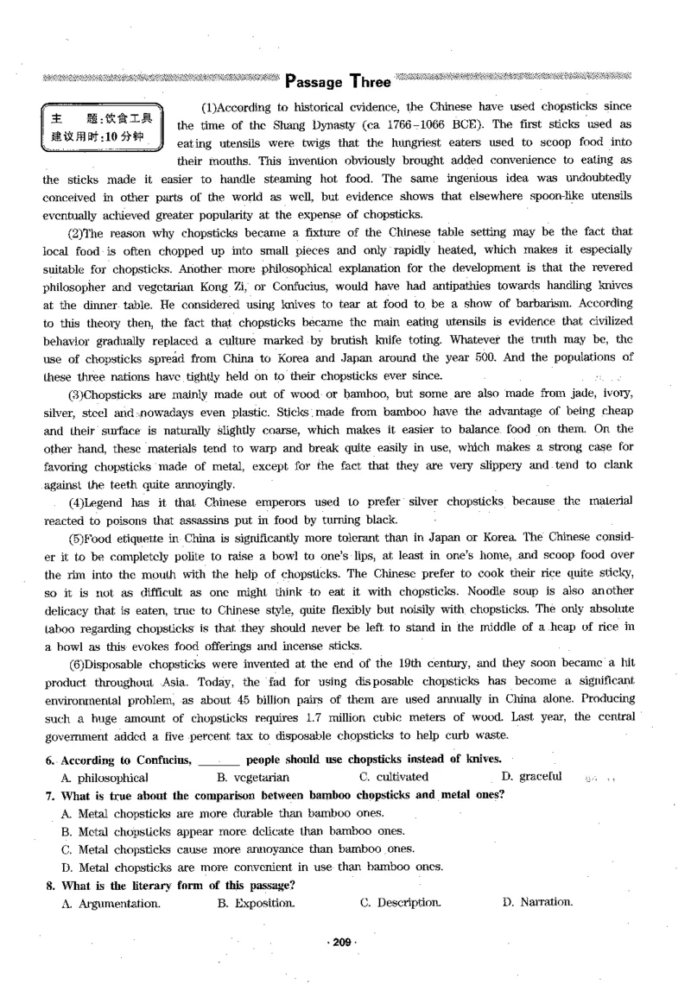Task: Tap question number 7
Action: point(49,794)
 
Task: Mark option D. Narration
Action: point(536,902)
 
